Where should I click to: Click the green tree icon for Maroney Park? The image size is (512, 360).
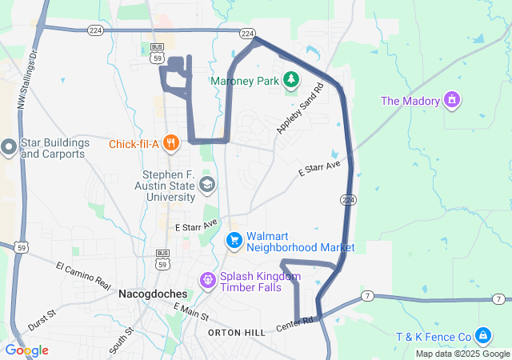291,79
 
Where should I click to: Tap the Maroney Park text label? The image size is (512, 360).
243,81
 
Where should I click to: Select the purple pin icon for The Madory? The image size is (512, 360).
453,100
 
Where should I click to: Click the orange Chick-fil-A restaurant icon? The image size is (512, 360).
170,144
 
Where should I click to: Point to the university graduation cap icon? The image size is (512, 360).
207,186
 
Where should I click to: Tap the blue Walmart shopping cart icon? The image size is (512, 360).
234,240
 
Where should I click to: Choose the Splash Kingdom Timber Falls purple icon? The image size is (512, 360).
207,280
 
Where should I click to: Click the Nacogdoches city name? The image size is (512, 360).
153,294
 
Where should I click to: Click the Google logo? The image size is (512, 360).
26,350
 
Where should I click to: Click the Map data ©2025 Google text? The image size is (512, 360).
462,354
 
